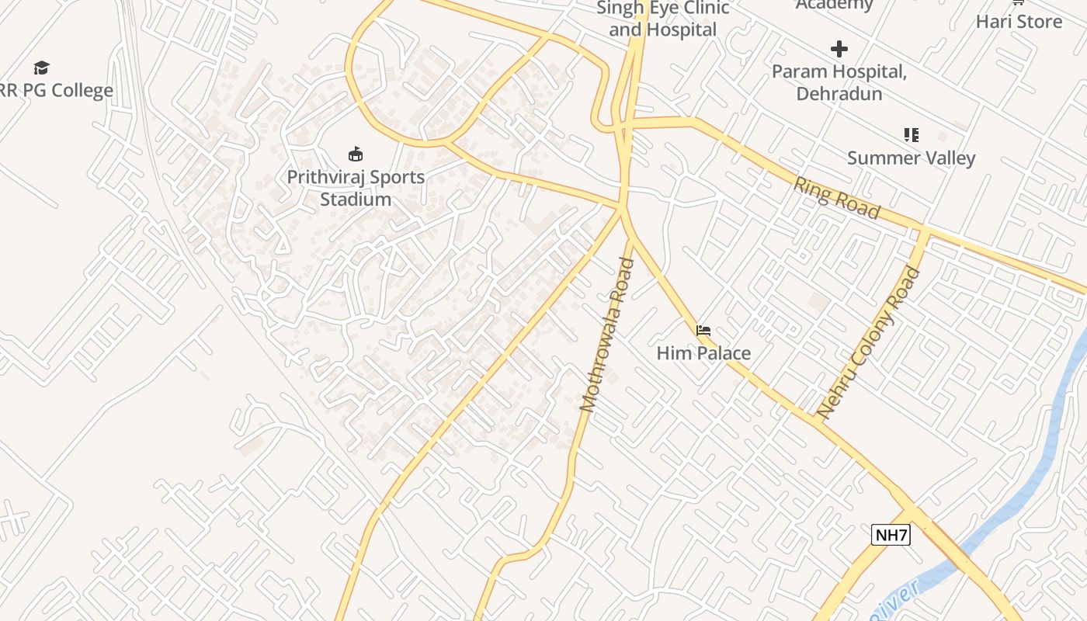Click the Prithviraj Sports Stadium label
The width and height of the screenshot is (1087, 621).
(356, 188)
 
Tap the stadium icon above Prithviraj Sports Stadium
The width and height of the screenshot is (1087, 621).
(356, 154)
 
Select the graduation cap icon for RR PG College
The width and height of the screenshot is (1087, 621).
(41, 68)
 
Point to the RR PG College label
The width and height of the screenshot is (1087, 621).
(56, 90)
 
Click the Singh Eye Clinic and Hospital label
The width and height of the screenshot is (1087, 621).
(662, 19)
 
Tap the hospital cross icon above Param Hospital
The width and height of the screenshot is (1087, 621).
(839, 50)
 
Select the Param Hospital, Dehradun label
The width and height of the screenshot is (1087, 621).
(839, 82)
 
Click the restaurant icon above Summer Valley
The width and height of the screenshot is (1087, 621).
(911, 135)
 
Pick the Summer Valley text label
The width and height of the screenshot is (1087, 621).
(911, 158)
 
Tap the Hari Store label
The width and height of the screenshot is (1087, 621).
(1019, 21)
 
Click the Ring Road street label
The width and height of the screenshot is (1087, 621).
(837, 198)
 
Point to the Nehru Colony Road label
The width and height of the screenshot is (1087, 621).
(869, 342)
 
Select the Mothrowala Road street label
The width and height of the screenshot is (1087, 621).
(607, 335)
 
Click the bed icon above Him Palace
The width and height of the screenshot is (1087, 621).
(703, 331)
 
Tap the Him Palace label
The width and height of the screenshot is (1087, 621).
(703, 353)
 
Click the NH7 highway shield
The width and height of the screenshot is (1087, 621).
(890, 535)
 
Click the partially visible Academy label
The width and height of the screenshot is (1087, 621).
(834, 5)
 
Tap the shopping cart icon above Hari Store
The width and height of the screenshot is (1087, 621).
(1017, 2)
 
